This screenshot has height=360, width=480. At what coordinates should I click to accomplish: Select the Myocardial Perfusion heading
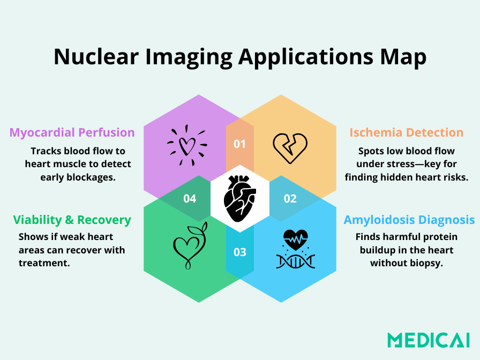[x=72, y=132]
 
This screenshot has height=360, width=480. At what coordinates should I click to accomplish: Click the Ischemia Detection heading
[x=406, y=132]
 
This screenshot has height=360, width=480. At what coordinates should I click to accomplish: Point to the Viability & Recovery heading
[x=72, y=220]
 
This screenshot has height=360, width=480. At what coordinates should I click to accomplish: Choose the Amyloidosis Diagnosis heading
[x=409, y=220]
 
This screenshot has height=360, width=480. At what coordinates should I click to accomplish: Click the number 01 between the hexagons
[x=239, y=144]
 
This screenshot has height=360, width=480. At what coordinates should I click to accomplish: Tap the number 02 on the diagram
[x=290, y=199]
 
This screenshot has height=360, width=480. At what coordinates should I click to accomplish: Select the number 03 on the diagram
[x=239, y=252]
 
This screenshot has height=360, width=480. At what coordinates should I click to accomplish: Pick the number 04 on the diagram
[x=190, y=199]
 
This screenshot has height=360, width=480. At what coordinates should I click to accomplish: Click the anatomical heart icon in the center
[x=240, y=198]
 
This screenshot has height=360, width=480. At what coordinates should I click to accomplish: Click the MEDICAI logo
[x=429, y=339]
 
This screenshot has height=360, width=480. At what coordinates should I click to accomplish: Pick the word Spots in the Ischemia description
[x=371, y=151]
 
